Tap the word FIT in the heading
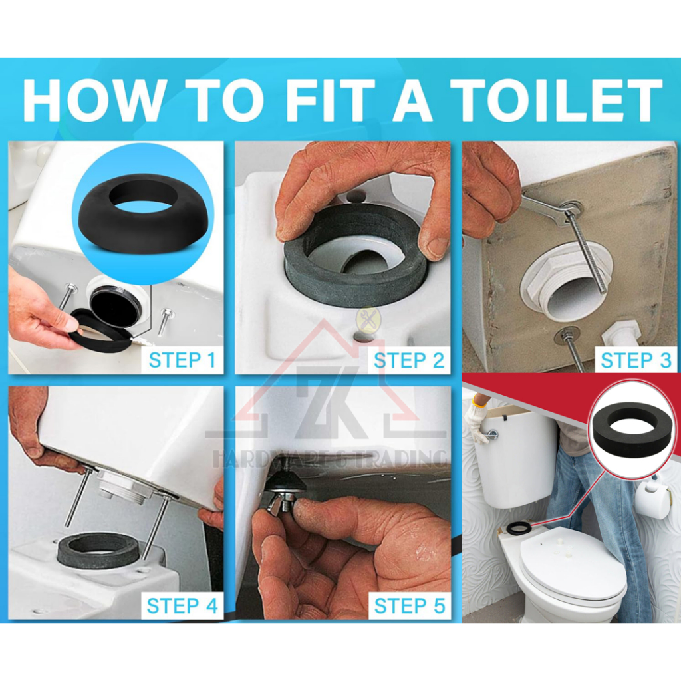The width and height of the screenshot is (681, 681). tap(331, 100)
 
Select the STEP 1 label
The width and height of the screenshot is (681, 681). tap(182, 360)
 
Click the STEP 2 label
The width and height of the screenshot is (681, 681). tap(409, 360)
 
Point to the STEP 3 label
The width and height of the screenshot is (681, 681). tap(636, 360)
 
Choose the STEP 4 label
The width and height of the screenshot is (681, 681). tap(182, 605)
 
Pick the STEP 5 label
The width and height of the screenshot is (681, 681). tap(409, 605)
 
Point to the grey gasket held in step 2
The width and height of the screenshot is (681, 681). tap(354, 256)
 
